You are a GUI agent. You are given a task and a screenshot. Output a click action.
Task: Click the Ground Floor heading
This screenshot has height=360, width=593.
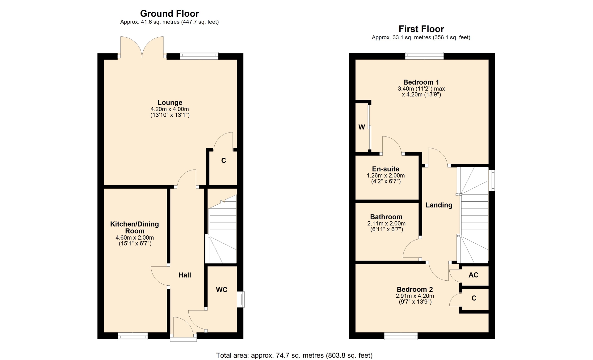coord(170,14)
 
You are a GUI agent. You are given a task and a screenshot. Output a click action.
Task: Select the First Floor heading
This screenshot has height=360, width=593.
coord(421,29)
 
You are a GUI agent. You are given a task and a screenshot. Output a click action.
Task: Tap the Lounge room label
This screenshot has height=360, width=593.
coord(170,103)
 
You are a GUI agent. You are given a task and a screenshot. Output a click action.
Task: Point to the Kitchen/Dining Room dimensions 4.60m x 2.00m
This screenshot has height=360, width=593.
coord(135,238)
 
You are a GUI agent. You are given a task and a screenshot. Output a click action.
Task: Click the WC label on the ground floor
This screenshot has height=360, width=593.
coord(221,290)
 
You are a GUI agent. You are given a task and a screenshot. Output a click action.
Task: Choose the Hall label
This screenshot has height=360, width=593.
coord(185,275)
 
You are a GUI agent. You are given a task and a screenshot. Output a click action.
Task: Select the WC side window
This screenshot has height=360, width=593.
coord(241,299)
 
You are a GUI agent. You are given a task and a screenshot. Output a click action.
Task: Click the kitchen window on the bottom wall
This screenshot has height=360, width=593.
coord(133,336)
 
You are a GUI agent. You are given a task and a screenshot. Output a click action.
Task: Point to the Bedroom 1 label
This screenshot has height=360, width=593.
coord(421,82)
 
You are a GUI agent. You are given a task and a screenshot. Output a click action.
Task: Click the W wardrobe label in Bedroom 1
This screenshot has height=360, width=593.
coord(362,127)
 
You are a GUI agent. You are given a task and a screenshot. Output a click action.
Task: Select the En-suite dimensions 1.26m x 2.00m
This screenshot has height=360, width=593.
coord(386,175)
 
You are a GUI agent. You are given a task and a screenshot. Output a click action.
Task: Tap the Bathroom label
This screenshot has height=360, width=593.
coord(386,217)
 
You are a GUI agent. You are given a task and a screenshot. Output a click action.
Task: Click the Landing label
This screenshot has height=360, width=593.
coord(439,205)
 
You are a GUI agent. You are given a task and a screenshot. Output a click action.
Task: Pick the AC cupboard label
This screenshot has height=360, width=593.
coord(473,275)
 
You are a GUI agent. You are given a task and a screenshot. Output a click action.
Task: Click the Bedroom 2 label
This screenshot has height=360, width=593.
coord(415,289)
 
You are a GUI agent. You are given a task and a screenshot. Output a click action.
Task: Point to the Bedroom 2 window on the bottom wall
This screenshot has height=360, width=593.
coord(401,336)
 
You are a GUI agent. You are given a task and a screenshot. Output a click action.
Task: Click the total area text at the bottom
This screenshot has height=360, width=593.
coord(294,355)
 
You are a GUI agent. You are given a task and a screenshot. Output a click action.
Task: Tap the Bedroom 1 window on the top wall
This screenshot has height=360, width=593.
coord(424,56)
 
